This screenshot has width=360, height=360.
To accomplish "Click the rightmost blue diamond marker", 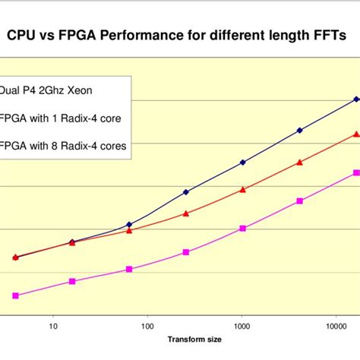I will point(356,99).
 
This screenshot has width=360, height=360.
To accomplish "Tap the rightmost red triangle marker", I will point(356,134).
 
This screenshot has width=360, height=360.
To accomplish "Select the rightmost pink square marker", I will point(356,173).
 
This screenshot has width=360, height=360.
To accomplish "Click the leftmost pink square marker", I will point(15,295).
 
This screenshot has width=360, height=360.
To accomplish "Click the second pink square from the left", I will point(72,281).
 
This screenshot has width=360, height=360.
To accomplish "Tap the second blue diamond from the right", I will point(299,131).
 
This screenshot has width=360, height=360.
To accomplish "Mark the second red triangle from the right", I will point(299,162).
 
